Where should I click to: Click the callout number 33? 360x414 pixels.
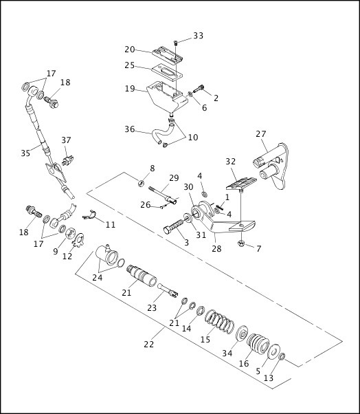[199, 36]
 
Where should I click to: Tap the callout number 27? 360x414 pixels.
[261, 134]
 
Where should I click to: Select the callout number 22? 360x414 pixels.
[149, 344]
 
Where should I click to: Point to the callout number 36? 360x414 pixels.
[129, 129]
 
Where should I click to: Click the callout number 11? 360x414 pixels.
[111, 224]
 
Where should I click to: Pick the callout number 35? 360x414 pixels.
[25, 153]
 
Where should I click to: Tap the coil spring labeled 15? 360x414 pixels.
[219, 321]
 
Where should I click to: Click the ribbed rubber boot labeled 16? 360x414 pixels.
[258, 344]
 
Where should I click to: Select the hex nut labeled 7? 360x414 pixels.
[240, 244]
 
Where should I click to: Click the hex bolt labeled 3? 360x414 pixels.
[173, 226]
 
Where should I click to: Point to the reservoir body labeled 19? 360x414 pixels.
[167, 96]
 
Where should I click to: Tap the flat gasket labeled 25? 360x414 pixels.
[167, 72]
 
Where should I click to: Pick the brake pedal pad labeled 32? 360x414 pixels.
[241, 183]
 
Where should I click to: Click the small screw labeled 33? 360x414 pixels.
[175, 42]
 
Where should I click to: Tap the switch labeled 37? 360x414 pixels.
[68, 160]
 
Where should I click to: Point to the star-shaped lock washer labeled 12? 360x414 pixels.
[78, 241]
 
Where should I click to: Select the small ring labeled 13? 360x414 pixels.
[282, 357]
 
